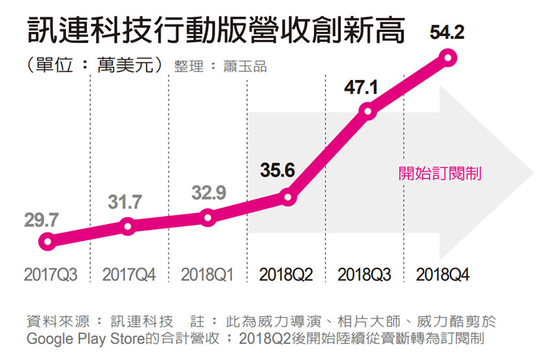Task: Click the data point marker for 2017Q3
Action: [47, 242]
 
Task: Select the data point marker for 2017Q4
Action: [127, 226]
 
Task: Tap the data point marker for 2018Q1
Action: [208, 218]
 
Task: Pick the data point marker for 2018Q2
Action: [289, 198]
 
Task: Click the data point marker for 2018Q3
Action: [368, 111]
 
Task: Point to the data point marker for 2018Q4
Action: [448, 58]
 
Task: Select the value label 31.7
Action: [125, 202]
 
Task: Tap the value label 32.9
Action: [208, 194]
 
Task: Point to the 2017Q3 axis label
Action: [50, 275]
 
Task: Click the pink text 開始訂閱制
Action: [440, 173]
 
